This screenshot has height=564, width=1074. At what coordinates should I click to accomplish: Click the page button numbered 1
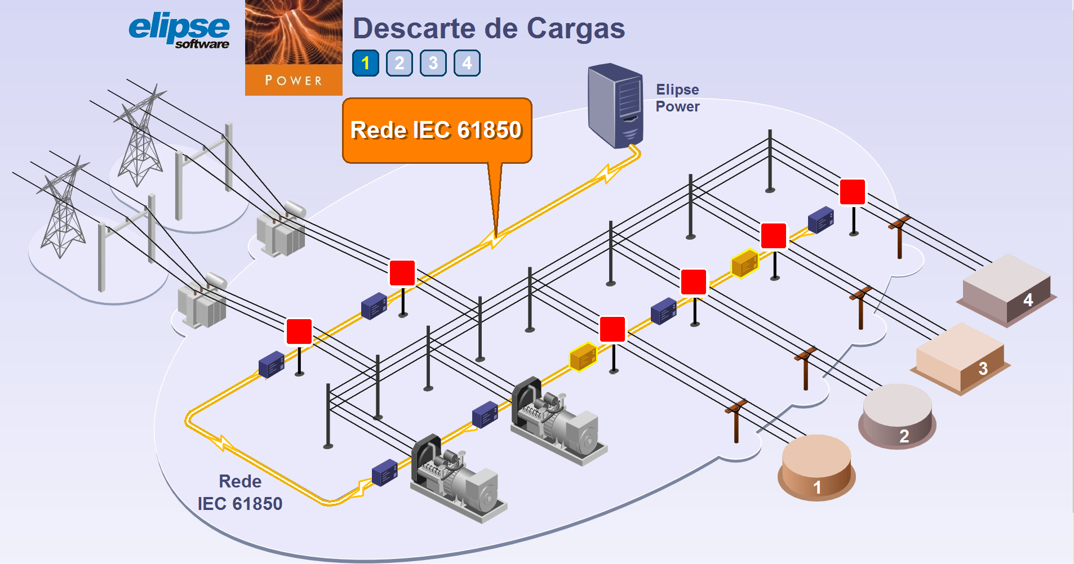(365, 63)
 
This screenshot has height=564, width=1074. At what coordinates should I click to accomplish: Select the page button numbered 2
(399, 63)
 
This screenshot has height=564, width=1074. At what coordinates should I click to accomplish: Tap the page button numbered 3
(433, 63)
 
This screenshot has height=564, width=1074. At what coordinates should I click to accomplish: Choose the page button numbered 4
(467, 63)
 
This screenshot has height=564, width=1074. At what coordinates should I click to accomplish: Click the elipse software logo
(179, 32)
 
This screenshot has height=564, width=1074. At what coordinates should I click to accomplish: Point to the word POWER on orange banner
(294, 80)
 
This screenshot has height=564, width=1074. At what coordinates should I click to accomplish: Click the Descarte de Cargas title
(489, 29)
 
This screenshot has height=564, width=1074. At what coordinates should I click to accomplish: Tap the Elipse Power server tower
(615, 106)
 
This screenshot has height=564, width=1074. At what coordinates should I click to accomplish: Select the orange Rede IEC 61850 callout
(437, 131)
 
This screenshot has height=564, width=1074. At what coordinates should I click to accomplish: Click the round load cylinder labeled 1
(816, 467)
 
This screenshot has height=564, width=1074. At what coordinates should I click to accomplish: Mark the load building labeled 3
(960, 359)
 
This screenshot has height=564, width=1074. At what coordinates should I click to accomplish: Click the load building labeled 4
(1006, 290)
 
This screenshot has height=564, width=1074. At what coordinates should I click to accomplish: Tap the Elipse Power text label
(677, 98)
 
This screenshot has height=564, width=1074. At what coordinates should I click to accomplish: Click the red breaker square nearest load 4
(853, 192)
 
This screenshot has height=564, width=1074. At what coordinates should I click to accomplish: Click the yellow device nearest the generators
(583, 357)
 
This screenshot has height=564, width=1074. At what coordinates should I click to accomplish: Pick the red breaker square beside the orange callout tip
(402, 273)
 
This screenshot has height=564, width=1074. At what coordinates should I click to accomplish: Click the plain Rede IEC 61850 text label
(240, 493)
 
